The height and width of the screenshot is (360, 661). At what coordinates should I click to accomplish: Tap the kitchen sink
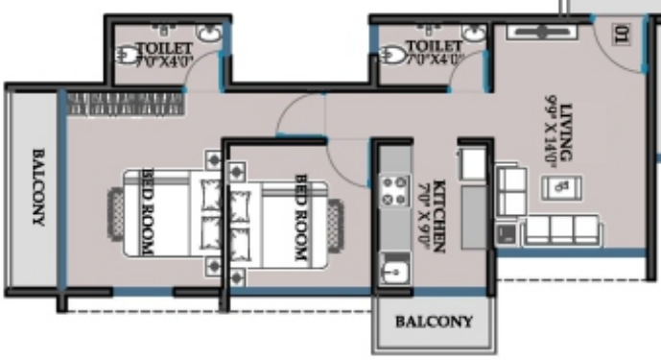pyautogui.click(x=392, y=270)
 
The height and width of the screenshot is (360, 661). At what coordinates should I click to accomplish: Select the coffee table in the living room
pyautogui.click(x=562, y=186)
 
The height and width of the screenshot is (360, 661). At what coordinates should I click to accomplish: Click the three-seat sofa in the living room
pyautogui.click(x=565, y=229)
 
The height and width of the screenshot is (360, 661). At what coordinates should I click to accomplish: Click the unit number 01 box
pyautogui.click(x=621, y=37)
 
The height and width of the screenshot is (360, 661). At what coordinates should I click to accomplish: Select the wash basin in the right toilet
pyautogui.click(x=473, y=34)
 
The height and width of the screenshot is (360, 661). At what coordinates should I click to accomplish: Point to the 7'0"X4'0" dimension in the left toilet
pyautogui.click(x=167, y=60)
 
